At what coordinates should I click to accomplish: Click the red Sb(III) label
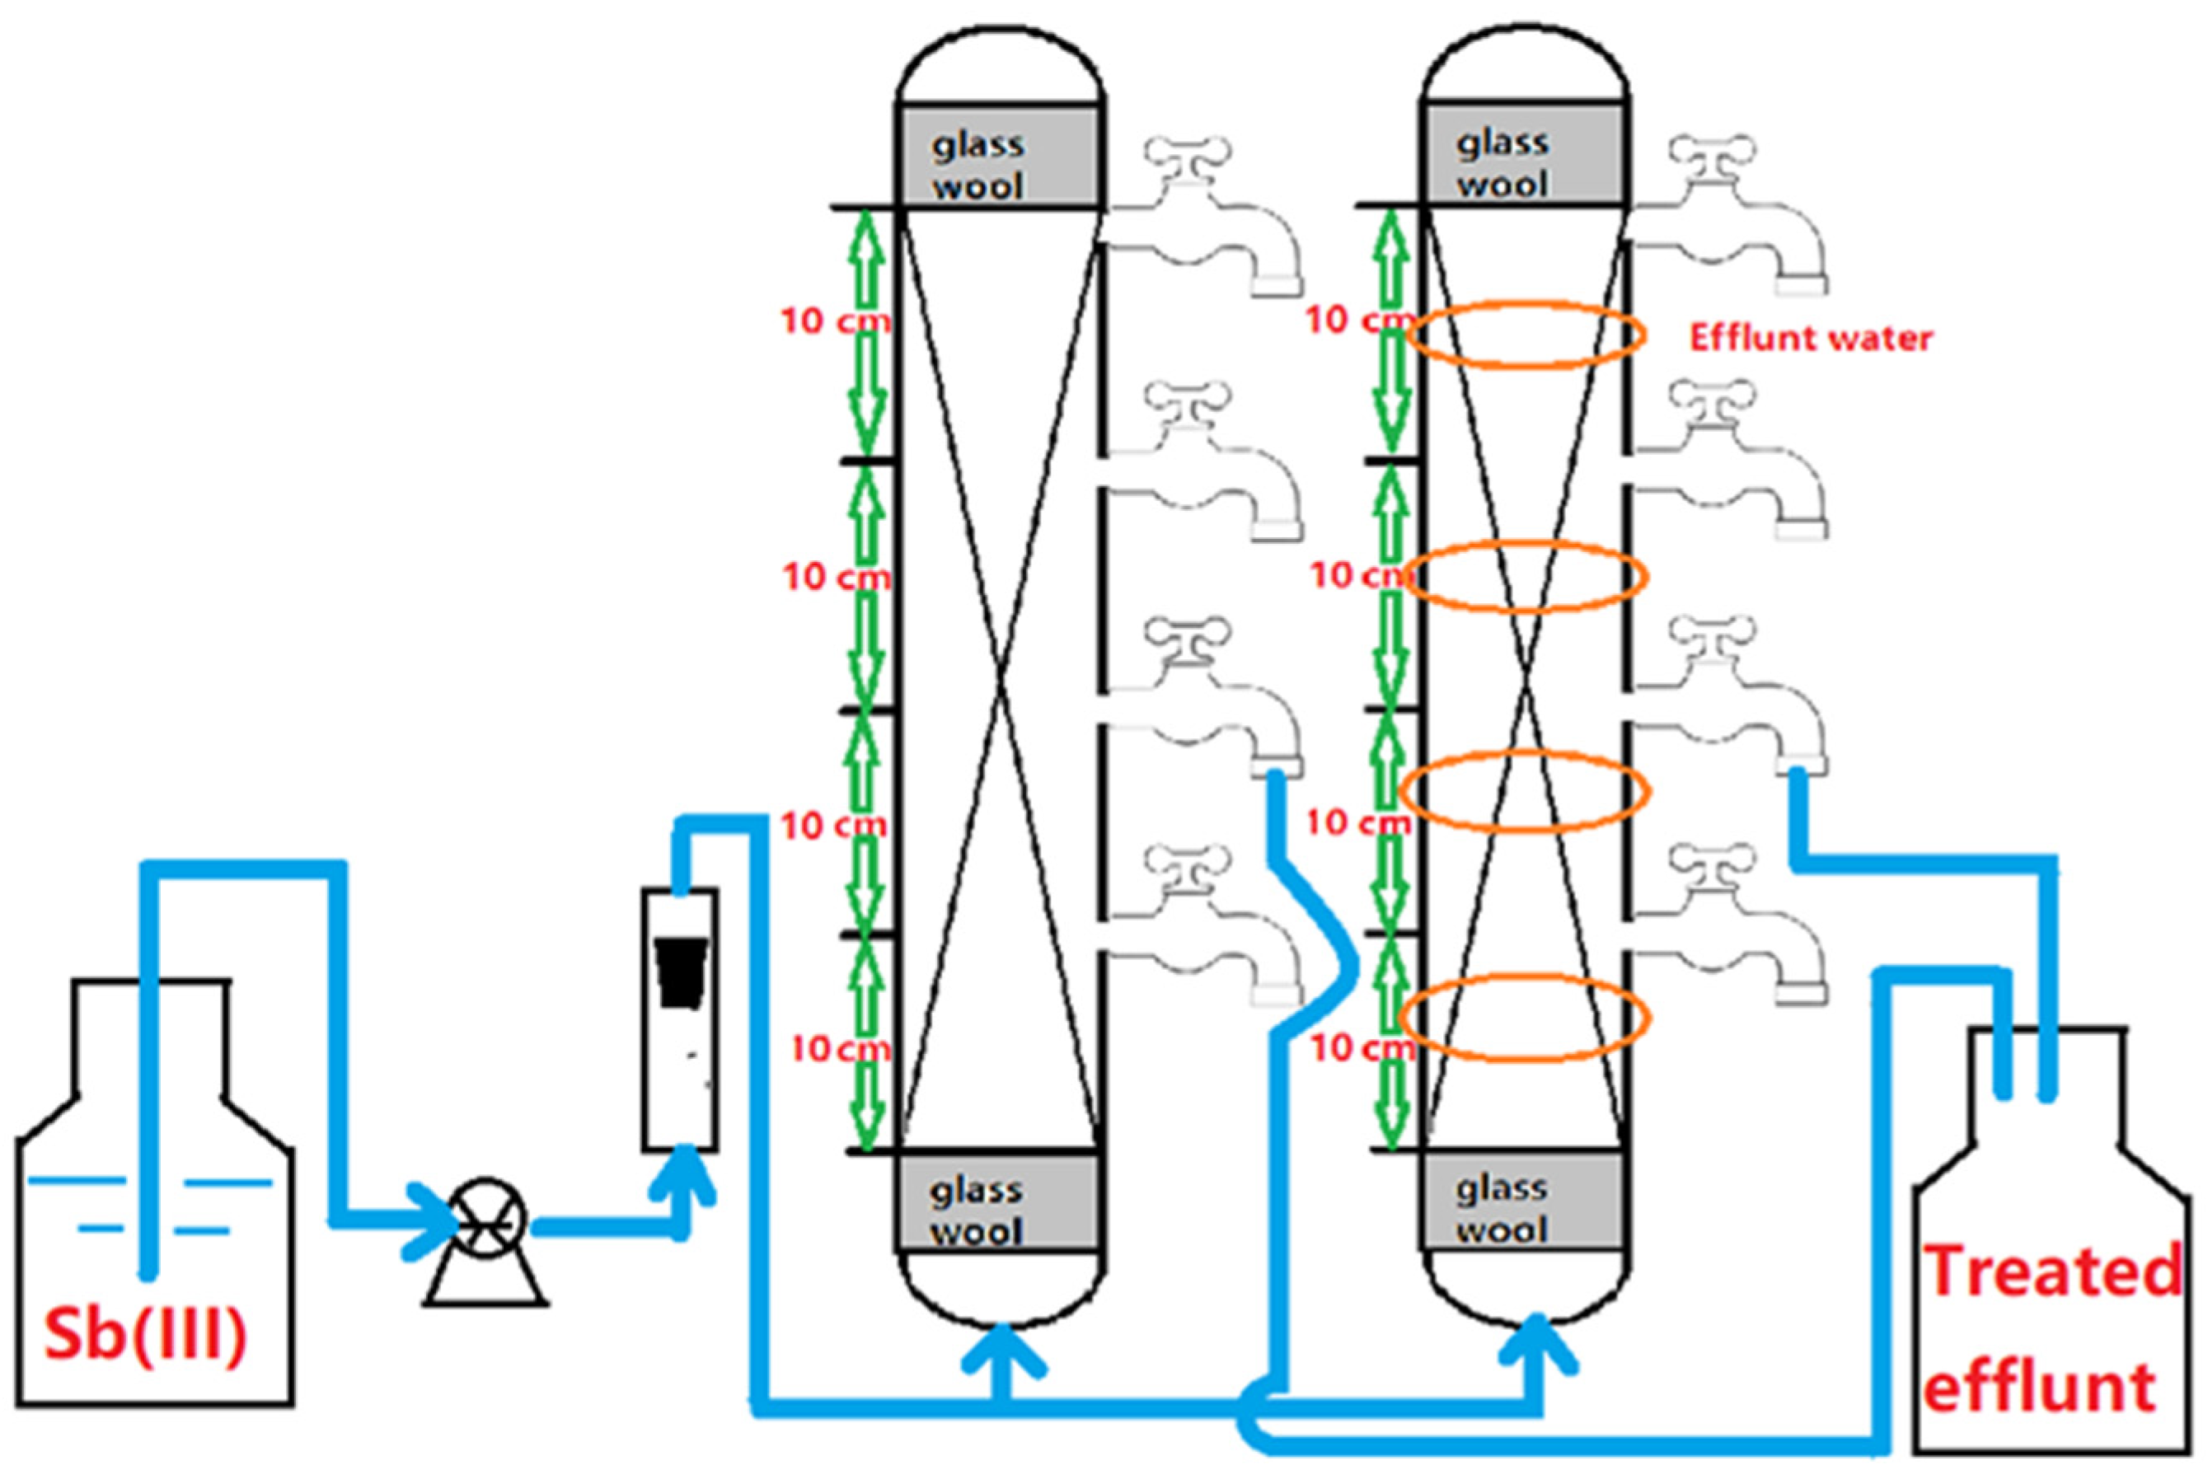tap(146, 1335)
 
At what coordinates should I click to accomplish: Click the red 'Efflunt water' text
tap(1810, 339)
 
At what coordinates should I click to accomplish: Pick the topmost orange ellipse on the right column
tap(1526, 334)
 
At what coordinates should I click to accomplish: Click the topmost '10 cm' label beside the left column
tap(833, 321)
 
